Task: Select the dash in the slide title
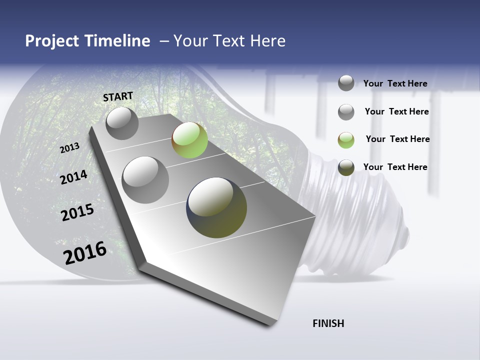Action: (164, 41)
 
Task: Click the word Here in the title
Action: (267, 41)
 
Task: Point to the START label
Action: (118, 96)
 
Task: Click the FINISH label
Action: (328, 323)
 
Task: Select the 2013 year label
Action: (69, 148)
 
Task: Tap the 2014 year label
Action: (73, 177)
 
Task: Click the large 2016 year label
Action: (85, 252)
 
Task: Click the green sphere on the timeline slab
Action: (189, 140)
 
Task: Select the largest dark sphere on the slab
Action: (216, 207)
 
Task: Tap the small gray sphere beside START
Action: (122, 123)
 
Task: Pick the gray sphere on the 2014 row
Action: (145, 179)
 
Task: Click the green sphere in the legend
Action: (346, 140)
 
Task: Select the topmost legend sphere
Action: (346, 83)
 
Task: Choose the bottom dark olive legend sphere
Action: (346, 167)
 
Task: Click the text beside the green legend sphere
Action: (397, 139)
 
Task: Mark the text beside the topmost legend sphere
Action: (395, 83)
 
